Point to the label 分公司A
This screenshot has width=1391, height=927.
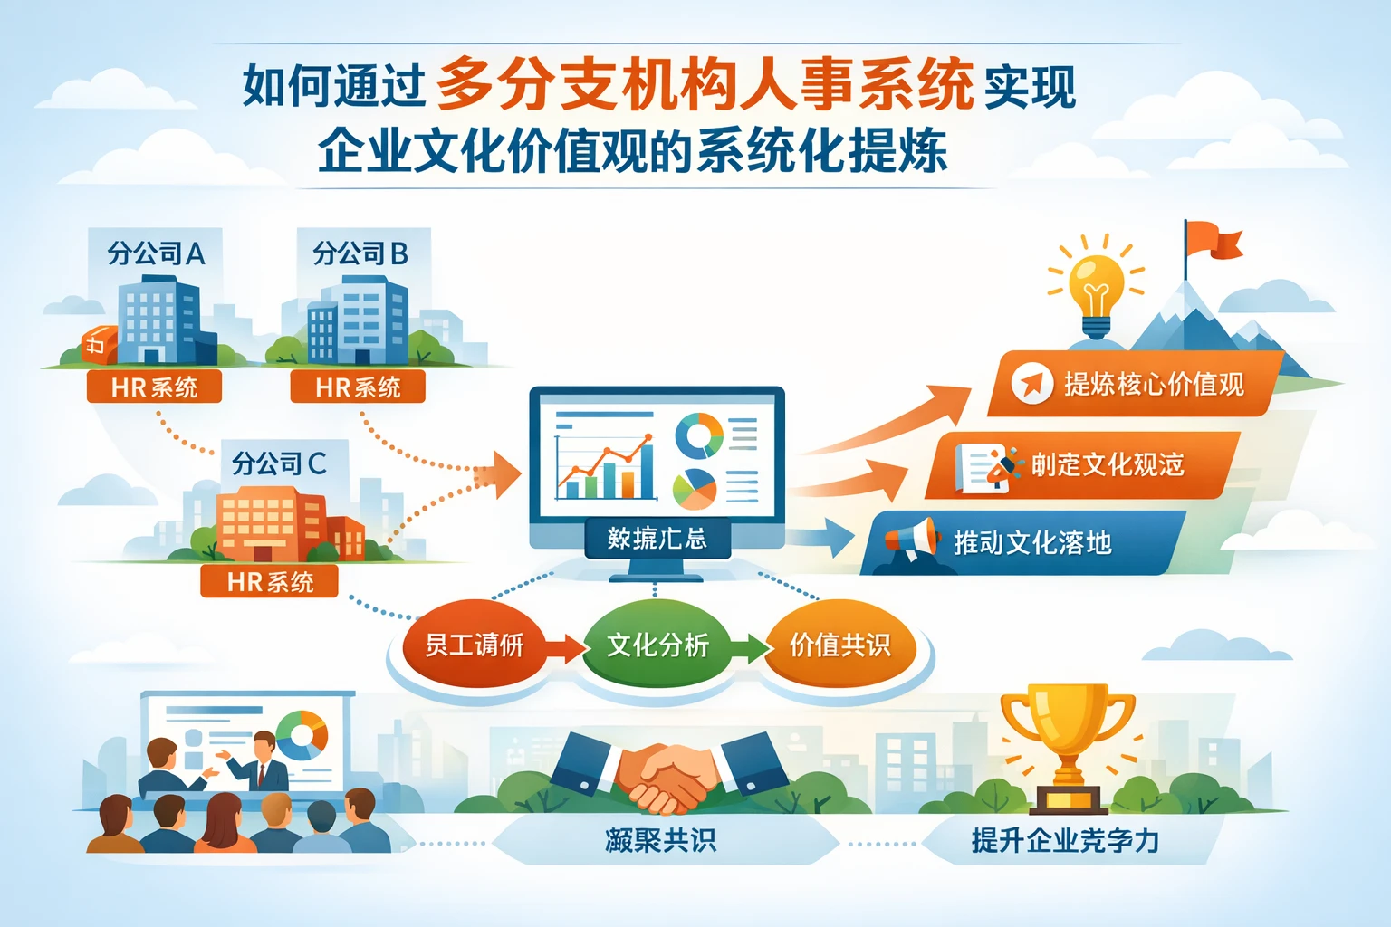(156, 253)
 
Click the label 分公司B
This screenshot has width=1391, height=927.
(360, 253)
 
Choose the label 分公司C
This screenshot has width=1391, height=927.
(278, 463)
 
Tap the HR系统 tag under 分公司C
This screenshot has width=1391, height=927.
(270, 581)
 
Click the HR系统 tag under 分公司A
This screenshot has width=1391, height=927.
(154, 387)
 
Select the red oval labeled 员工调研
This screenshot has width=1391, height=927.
(475, 645)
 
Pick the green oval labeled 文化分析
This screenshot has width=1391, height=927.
(657, 645)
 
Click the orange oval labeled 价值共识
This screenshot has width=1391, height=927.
(839, 645)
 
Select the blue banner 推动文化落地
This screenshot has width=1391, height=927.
(1023, 543)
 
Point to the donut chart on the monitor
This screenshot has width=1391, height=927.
(698, 435)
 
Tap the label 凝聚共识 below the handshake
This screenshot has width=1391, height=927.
(660, 840)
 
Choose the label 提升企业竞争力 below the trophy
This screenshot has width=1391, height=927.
(1065, 840)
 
